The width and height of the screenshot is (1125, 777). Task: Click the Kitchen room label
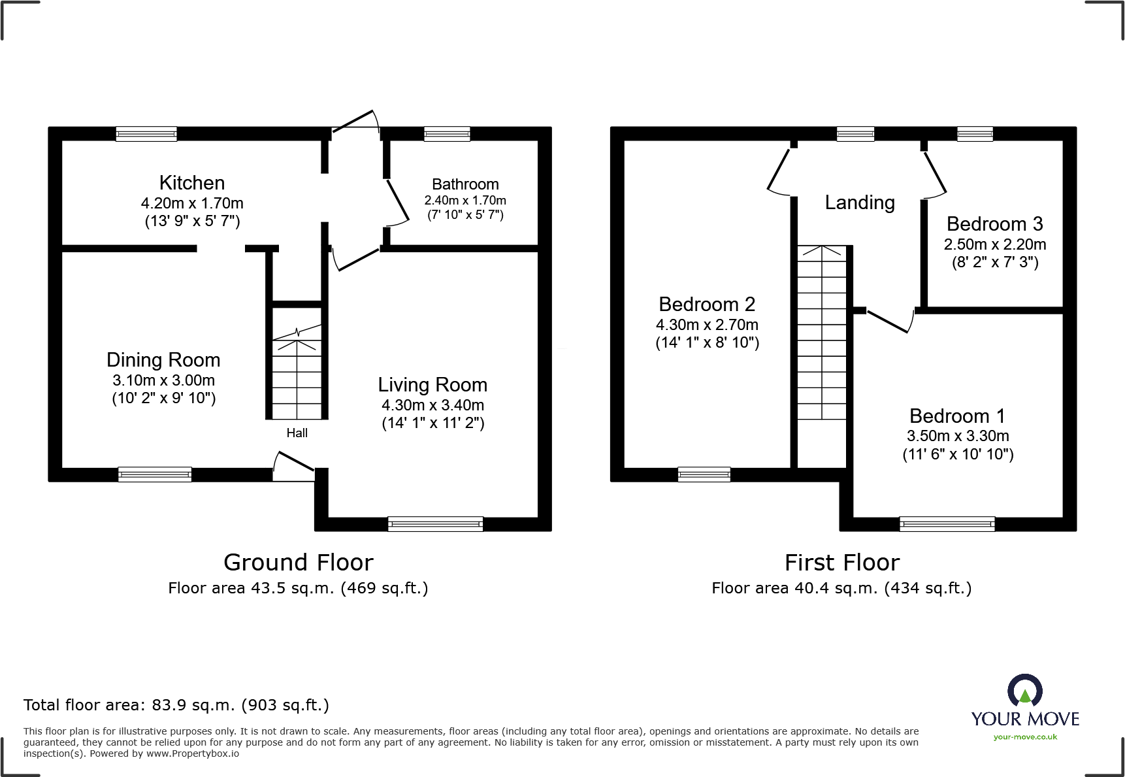(191, 183)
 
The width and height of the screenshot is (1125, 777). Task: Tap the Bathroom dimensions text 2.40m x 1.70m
(465, 201)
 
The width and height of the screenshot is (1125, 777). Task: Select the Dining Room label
(163, 360)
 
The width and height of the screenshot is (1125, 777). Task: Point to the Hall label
(297, 433)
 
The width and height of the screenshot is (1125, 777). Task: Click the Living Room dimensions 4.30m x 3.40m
(432, 405)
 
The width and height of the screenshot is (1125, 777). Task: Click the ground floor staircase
(297, 376)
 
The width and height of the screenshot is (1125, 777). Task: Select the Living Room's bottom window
(435, 523)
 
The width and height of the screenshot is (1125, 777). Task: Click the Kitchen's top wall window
(146, 134)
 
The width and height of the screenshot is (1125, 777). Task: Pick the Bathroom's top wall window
(447, 134)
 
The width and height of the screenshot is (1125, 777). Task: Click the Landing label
(859, 203)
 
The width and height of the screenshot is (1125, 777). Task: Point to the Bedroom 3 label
(994, 224)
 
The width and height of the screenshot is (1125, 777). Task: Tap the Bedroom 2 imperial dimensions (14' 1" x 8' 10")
(707, 342)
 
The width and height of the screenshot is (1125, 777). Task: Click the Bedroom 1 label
(957, 416)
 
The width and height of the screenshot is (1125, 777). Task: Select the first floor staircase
(822, 333)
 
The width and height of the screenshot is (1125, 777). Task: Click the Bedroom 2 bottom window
(704, 474)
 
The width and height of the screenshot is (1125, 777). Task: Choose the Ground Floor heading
(299, 563)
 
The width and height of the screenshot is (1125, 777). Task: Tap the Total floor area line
(176, 705)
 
